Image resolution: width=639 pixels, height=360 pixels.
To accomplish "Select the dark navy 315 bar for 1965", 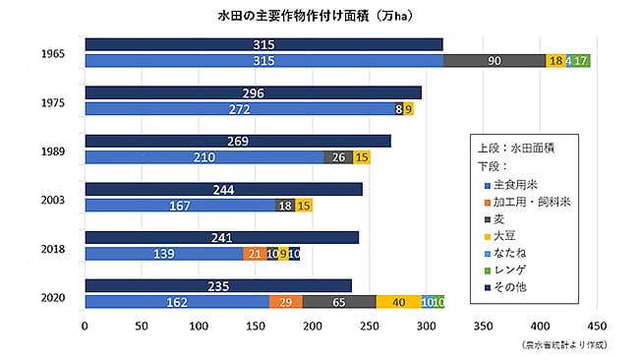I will click(263, 44).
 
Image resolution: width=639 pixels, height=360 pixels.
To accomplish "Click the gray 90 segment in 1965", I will click(494, 61).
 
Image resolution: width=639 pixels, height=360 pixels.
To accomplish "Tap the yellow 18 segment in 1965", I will click(555, 61).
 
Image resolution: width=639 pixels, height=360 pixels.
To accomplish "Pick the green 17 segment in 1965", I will click(582, 61).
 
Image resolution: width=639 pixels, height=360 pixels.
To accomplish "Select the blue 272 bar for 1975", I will click(239, 109).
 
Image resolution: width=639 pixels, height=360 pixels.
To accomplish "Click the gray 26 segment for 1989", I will click(338, 157).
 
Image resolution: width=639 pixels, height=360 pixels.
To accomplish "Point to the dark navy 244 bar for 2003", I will click(223, 189).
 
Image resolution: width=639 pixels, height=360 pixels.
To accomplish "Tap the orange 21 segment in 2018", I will click(255, 254).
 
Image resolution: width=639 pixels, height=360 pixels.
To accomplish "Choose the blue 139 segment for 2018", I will click(163, 254).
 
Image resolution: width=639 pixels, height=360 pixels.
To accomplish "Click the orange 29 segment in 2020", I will click(285, 302).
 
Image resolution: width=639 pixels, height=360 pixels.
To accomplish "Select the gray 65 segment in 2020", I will click(338, 302).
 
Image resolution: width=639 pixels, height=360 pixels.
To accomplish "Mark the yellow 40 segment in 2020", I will click(398, 302).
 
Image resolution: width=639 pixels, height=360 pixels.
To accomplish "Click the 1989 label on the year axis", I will click(52, 150).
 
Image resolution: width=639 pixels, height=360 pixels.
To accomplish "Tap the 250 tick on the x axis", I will click(369, 326).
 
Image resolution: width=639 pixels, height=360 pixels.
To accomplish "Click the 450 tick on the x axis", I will click(596, 326).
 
